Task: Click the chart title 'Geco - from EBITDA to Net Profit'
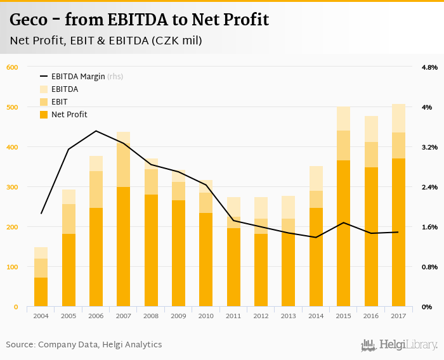click(139, 20)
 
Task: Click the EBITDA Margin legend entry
click(81, 77)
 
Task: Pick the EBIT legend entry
click(60, 101)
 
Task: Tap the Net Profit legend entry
click(69, 114)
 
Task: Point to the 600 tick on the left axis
click(12, 67)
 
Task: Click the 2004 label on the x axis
click(41, 316)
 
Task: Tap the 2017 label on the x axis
click(398, 316)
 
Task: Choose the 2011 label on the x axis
click(233, 316)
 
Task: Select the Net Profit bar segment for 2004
click(41, 292)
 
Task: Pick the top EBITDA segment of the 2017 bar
click(398, 119)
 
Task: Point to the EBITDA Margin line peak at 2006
click(96, 131)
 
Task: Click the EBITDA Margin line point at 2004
click(41, 214)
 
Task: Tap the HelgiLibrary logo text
click(407, 345)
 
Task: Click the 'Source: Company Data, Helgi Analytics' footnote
click(84, 345)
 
